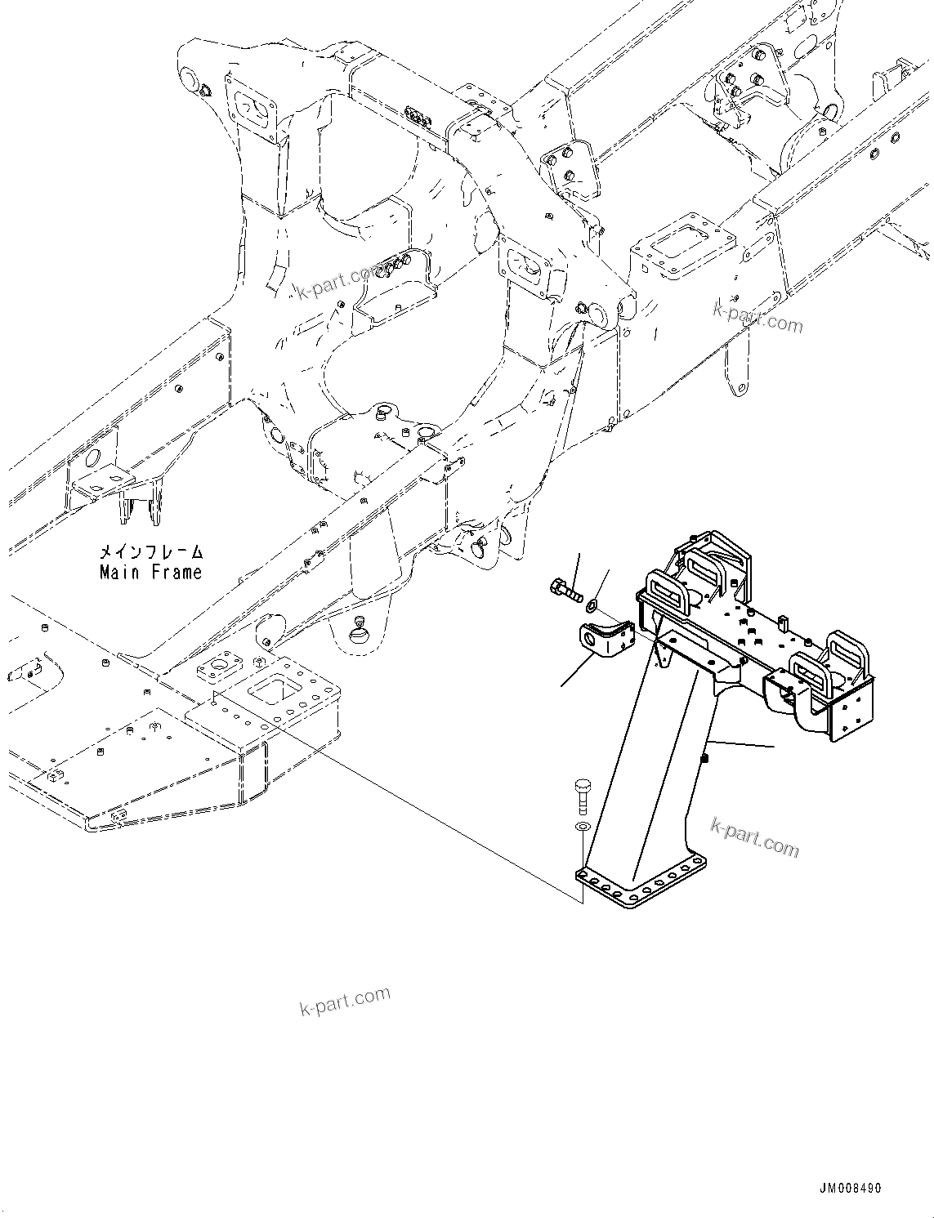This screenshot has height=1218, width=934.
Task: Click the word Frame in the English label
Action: [x=177, y=573]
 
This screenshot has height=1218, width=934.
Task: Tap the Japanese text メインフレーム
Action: [x=150, y=553]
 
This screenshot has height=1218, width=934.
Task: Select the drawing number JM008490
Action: [x=847, y=1189]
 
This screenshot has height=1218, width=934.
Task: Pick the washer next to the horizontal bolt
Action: [x=592, y=605]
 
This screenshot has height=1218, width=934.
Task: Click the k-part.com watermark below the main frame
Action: [x=345, y=1001]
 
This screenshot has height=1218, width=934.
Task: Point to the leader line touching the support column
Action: [x=740, y=745]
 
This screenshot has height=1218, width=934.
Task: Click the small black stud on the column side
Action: [x=704, y=759]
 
